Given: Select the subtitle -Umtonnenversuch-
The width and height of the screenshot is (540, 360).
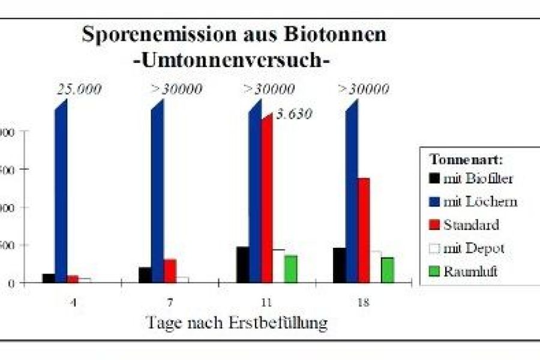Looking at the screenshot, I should click(x=233, y=61).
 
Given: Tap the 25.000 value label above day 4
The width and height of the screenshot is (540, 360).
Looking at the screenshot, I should click(x=79, y=89).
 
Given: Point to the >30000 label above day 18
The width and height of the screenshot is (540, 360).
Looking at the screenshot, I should click(x=364, y=89).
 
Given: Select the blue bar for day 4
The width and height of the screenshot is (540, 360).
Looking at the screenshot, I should click(x=61, y=192).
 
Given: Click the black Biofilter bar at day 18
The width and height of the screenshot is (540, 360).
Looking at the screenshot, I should click(x=339, y=265).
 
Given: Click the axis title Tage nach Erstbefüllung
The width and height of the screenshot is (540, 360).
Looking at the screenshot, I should click(x=238, y=322).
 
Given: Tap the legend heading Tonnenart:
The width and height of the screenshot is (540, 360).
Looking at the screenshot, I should click(x=466, y=160).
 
